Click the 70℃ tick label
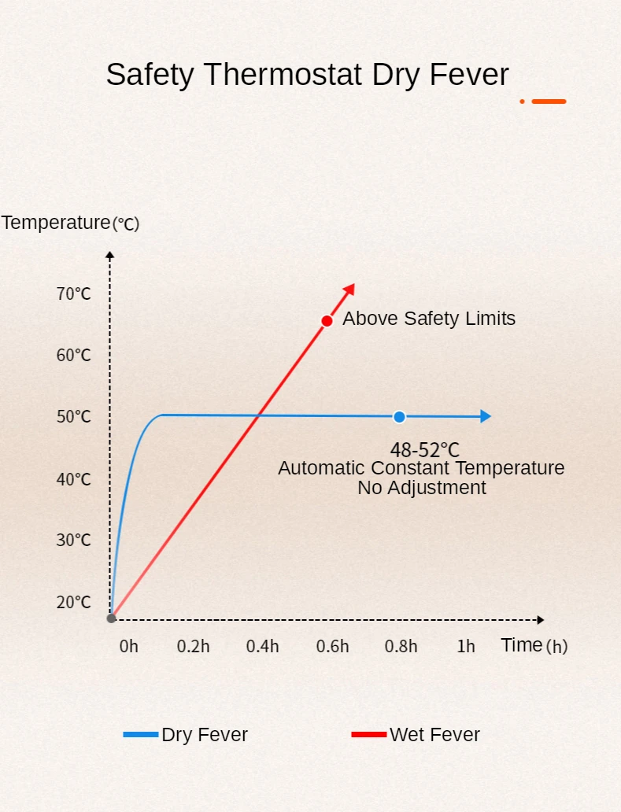[74, 294]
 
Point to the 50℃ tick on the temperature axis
[74, 417]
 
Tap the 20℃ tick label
[74, 603]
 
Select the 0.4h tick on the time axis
[262, 647]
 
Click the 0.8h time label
[401, 647]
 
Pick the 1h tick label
[466, 647]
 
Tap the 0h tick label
[128, 647]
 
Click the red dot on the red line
[327, 321]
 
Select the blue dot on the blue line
[399, 417]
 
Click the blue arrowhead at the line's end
[486, 417]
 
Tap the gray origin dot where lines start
[111, 618]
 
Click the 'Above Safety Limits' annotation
[429, 319]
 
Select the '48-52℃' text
[424, 450]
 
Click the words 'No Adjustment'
[422, 488]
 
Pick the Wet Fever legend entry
[416, 735]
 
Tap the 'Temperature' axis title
[56, 223]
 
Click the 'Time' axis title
[522, 645]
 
